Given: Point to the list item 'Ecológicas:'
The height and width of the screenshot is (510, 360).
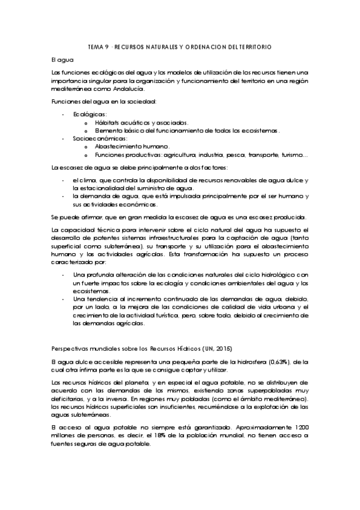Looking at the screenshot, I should (x=90, y=113).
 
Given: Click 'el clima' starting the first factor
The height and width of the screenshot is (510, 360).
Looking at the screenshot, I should (x=83, y=180).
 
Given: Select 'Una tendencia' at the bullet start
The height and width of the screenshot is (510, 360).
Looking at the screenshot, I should (x=93, y=299).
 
